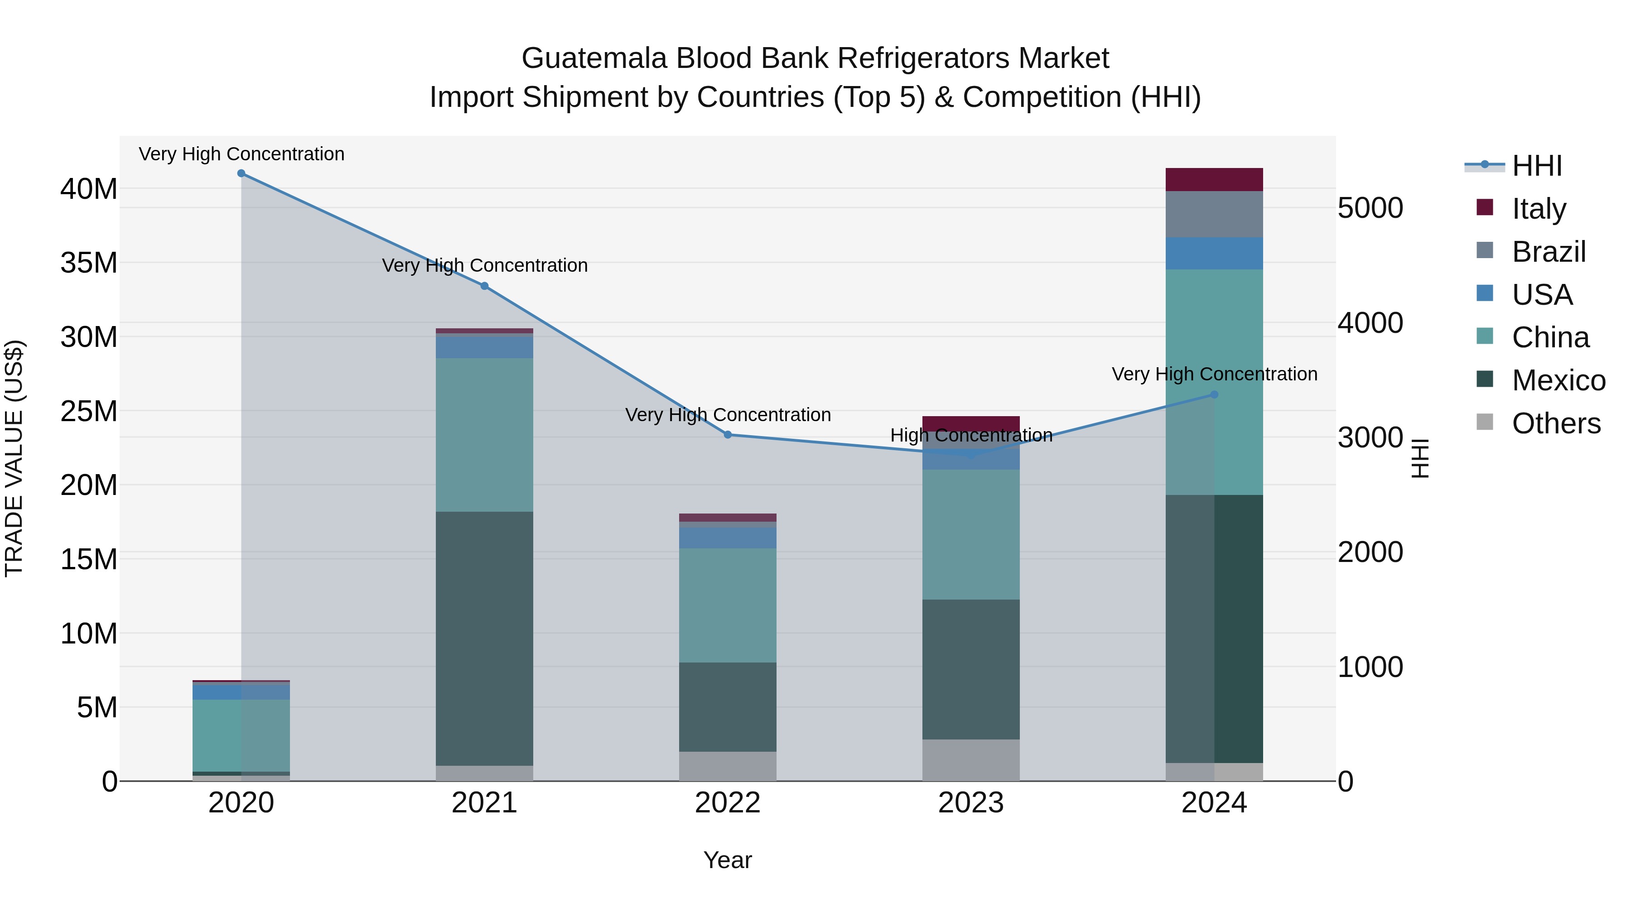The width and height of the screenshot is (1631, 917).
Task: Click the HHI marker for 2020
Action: point(241,173)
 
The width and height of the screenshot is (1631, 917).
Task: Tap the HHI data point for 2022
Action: point(728,435)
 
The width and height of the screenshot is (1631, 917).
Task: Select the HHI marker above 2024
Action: point(1214,395)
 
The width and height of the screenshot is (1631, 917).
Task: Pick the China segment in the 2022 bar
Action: point(728,605)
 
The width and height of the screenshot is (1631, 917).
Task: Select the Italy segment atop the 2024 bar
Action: point(1214,180)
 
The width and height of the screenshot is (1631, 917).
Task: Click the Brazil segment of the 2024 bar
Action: point(1214,215)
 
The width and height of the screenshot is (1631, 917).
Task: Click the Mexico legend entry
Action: point(1558,380)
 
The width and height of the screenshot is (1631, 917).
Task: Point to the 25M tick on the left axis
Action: point(89,411)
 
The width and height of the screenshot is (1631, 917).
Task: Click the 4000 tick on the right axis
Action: point(1370,323)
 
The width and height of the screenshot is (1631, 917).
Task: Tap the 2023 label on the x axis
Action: point(970,803)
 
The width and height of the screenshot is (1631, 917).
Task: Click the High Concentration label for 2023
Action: point(970,435)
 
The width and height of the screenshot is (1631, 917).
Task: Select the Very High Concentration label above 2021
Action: point(484,265)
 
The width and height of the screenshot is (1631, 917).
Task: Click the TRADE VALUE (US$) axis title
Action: point(14,458)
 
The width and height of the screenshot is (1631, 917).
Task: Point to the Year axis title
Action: point(728,860)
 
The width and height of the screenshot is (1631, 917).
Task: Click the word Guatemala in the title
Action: point(594,58)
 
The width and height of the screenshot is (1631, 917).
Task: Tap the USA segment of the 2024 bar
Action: point(1214,253)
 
